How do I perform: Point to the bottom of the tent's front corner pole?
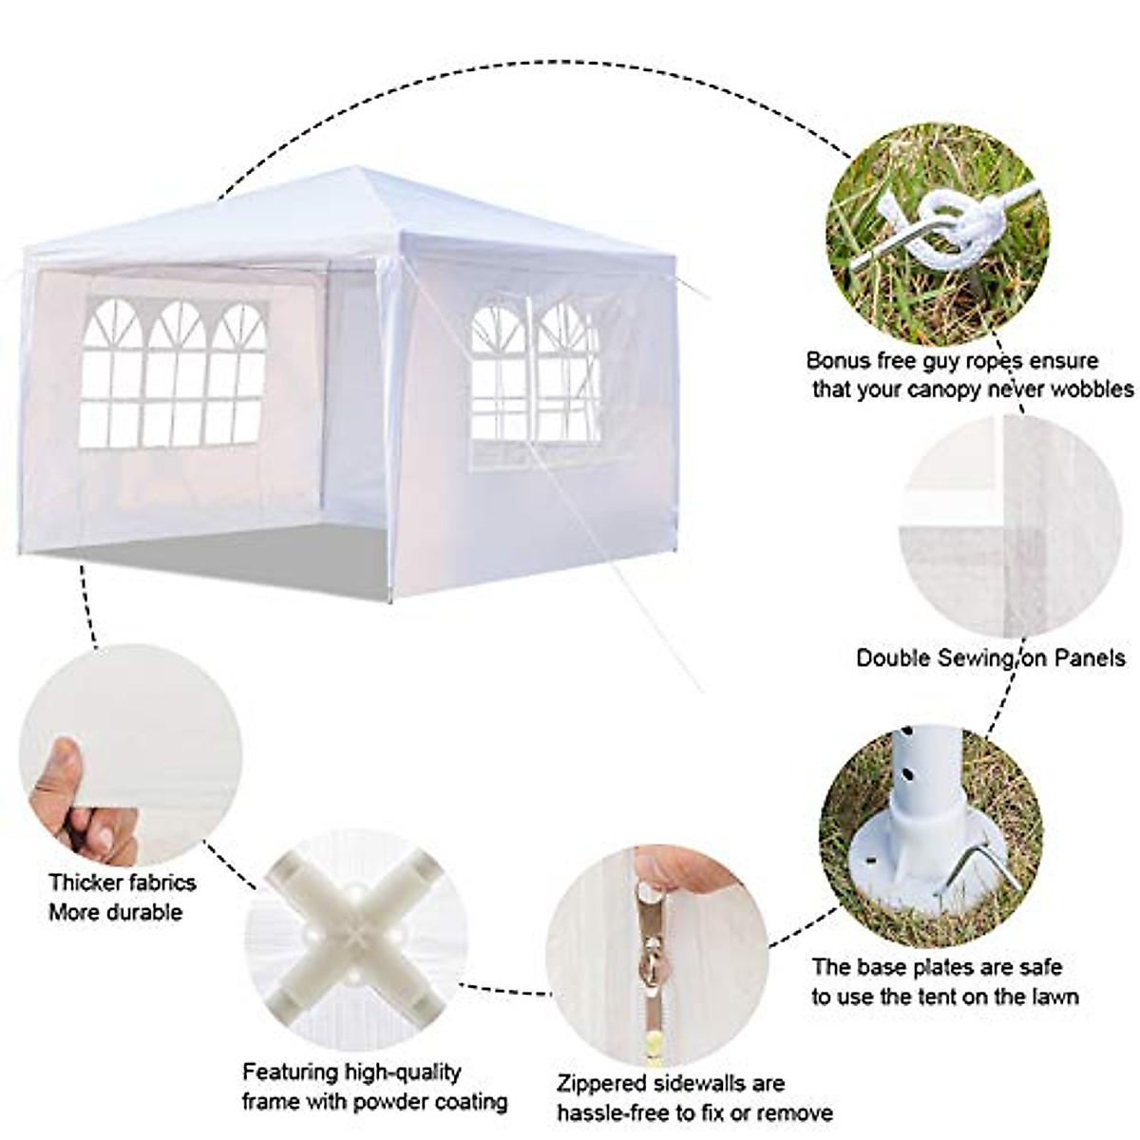(x=392, y=598)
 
